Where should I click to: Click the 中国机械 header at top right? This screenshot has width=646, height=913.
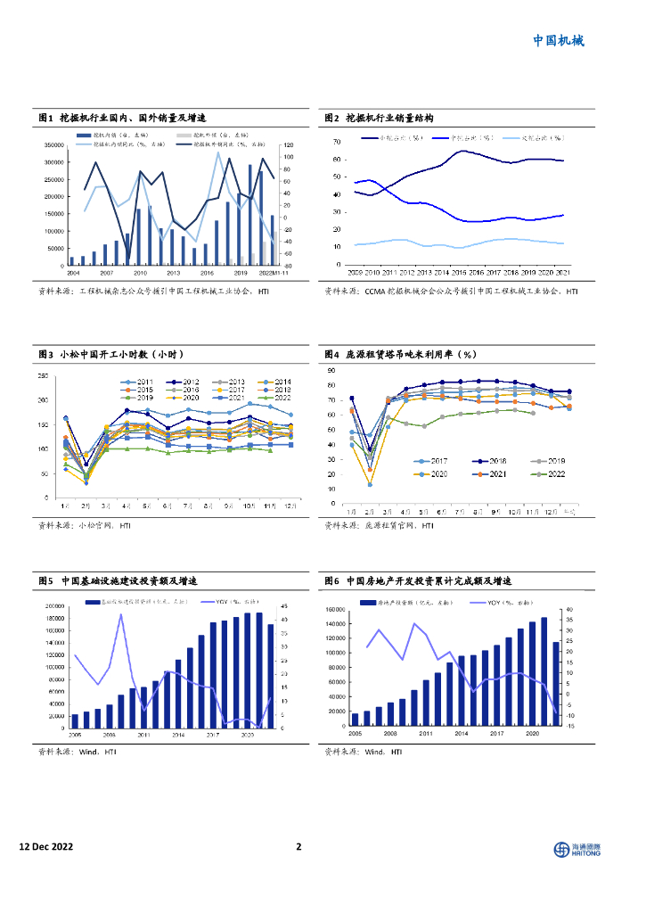click(x=559, y=40)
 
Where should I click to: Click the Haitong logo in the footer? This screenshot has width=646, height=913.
click(x=577, y=848)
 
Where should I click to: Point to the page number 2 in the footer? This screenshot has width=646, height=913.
click(x=299, y=847)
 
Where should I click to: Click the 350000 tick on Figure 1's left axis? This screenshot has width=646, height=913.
click(x=53, y=144)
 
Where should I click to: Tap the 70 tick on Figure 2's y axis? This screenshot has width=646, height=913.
click(x=336, y=143)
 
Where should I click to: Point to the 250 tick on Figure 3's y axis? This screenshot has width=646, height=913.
click(x=43, y=376)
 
